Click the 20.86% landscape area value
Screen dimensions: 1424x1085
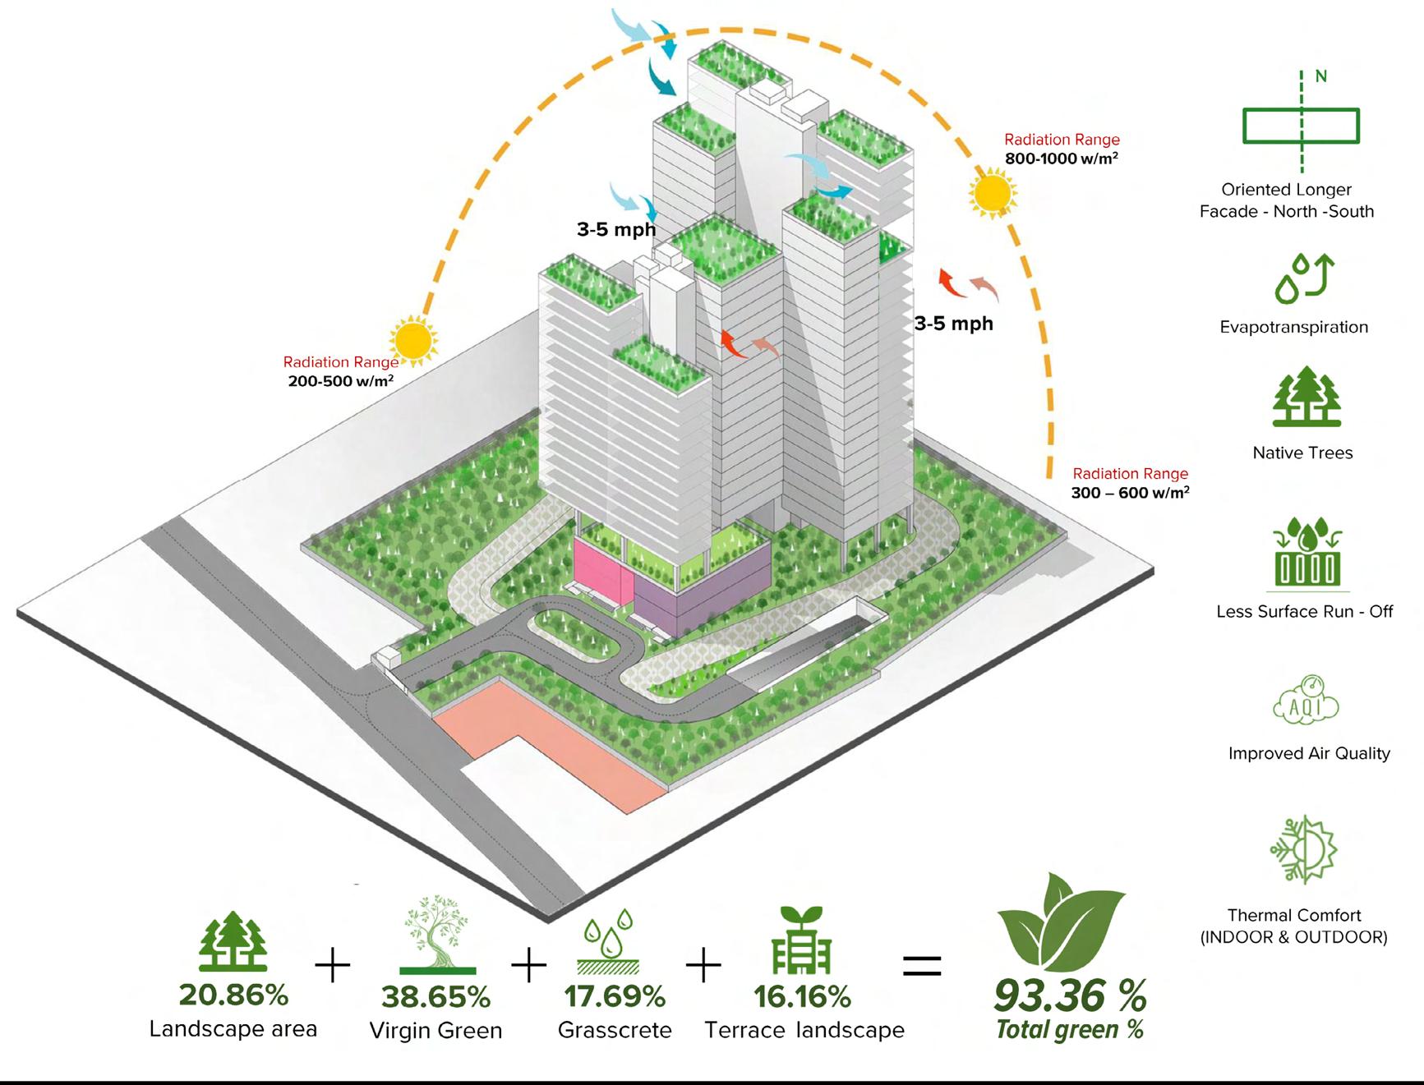[x=233, y=995]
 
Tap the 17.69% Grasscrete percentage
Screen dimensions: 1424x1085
[x=615, y=996]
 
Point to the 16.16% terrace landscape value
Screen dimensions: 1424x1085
[x=802, y=996]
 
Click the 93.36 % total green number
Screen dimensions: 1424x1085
[x=1069, y=995]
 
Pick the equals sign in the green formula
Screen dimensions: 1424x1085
[x=922, y=965]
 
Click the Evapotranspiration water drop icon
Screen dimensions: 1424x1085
[x=1304, y=278]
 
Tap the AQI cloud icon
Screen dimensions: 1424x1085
[x=1306, y=702]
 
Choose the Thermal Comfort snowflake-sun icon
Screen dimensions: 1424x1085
[x=1303, y=850]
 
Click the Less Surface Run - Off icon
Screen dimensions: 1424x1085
[x=1307, y=554]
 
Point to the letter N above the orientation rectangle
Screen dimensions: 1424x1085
[x=1320, y=76]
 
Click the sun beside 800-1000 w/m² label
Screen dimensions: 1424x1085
[x=993, y=194]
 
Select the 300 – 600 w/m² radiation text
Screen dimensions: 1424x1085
[x=1130, y=493]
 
